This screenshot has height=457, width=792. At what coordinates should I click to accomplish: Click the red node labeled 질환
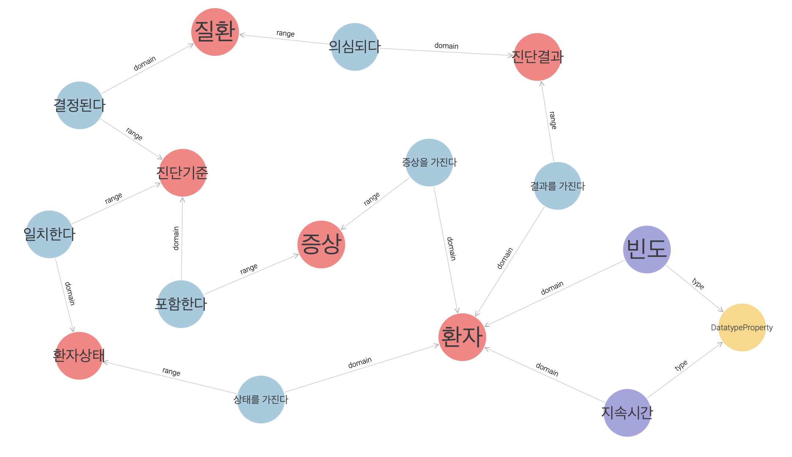coord(215,32)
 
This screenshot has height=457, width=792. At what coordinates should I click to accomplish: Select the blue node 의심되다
coord(354,47)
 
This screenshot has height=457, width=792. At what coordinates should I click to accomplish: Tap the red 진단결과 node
coord(537,57)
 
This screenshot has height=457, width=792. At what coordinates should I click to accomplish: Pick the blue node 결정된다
coord(80,105)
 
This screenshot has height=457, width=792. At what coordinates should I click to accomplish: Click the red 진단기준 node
coord(183,173)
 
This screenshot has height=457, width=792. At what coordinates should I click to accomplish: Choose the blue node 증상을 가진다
coord(429,162)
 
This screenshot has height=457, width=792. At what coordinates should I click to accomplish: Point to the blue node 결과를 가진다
coord(557,186)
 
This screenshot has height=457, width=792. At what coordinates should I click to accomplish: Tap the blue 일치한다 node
coord(50,234)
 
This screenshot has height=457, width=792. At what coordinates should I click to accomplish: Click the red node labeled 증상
coord(321,244)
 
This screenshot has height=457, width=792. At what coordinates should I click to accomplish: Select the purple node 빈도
coord(647,249)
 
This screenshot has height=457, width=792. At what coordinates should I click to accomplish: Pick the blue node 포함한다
coord(181,304)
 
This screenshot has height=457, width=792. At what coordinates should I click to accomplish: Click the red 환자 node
coord(462,337)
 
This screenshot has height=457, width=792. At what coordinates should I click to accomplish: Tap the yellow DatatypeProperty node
coord(742,327)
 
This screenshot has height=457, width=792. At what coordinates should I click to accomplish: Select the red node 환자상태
coord(79,356)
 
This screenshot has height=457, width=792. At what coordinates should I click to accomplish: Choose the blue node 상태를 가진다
coord(261,399)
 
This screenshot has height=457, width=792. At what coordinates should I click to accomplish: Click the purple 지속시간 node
coord(627,413)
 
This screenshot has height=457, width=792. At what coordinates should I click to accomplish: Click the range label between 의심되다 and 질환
coord(285,33)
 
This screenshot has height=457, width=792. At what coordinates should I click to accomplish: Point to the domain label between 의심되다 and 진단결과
coord(446,46)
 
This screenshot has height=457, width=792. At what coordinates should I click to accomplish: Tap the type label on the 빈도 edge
coord(698,284)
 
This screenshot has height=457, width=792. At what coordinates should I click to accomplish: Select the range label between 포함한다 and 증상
coord(249,269)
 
